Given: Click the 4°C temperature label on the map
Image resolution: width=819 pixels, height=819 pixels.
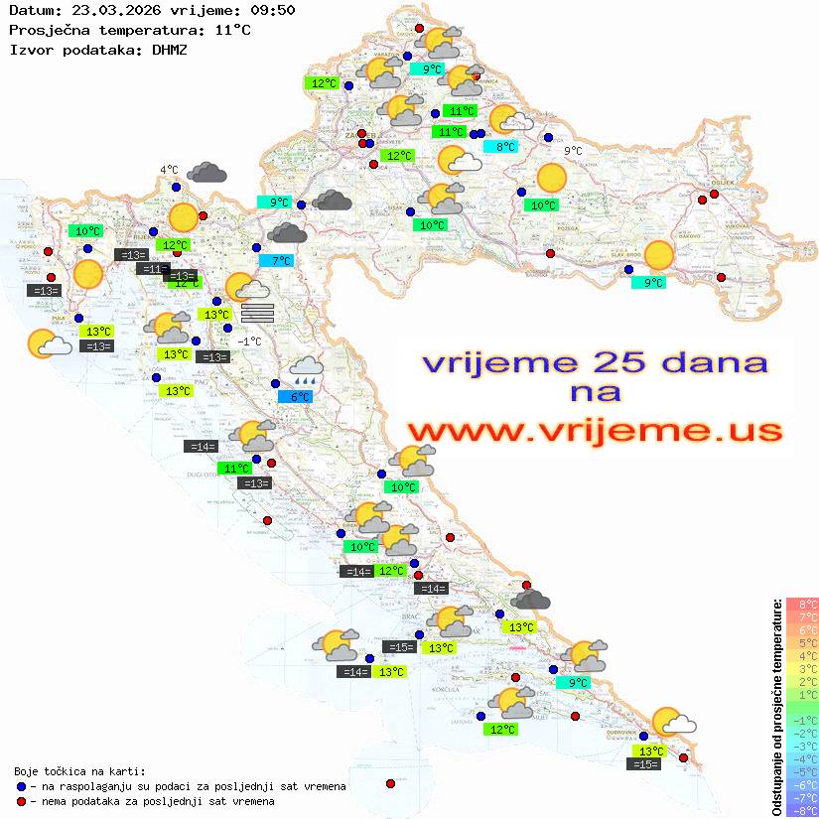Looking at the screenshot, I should pos(169,170).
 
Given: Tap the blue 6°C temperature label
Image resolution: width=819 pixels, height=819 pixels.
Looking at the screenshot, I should pos(300,397).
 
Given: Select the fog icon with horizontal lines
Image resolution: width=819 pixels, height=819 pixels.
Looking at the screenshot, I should pos(257,312).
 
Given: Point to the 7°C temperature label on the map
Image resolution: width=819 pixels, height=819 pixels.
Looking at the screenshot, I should pos(281,261).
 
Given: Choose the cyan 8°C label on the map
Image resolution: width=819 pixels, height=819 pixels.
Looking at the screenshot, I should pos(505,147).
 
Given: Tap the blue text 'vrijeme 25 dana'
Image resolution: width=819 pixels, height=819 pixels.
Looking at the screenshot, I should pos(595,362).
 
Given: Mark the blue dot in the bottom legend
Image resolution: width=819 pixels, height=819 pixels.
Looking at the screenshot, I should pos(22,786).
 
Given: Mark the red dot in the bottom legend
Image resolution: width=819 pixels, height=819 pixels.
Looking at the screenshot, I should pos(22,801).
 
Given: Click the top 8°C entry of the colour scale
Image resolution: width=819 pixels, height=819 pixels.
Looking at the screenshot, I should pos(802,605).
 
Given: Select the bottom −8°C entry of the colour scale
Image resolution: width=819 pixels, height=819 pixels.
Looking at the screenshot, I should pos(802,811).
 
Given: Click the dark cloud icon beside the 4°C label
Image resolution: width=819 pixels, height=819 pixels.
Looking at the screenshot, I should pos(206,173).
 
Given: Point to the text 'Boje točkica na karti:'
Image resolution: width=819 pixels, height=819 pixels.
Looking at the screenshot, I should pos(79,771).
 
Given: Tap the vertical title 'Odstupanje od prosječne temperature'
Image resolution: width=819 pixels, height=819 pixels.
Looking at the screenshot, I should pos(777,707).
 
